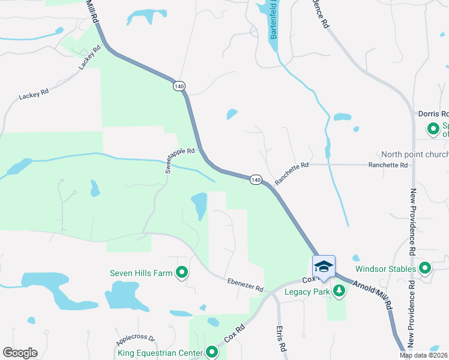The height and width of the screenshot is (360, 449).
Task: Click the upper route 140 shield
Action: [179, 86]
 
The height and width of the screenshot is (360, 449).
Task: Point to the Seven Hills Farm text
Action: [141, 273]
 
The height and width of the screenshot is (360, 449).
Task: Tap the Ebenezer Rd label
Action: [245, 285]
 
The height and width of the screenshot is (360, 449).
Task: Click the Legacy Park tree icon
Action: [340, 292]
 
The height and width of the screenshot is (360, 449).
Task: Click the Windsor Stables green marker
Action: [425, 268]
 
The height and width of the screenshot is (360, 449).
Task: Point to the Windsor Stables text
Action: [385, 269]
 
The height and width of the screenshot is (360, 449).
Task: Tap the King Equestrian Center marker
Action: [211, 352]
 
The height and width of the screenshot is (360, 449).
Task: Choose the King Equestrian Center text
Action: [160, 353]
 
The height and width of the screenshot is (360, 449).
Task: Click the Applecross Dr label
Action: [136, 338]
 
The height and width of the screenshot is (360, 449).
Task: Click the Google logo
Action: [20, 353]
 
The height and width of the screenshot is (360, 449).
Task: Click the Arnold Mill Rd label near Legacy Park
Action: [373, 293]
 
